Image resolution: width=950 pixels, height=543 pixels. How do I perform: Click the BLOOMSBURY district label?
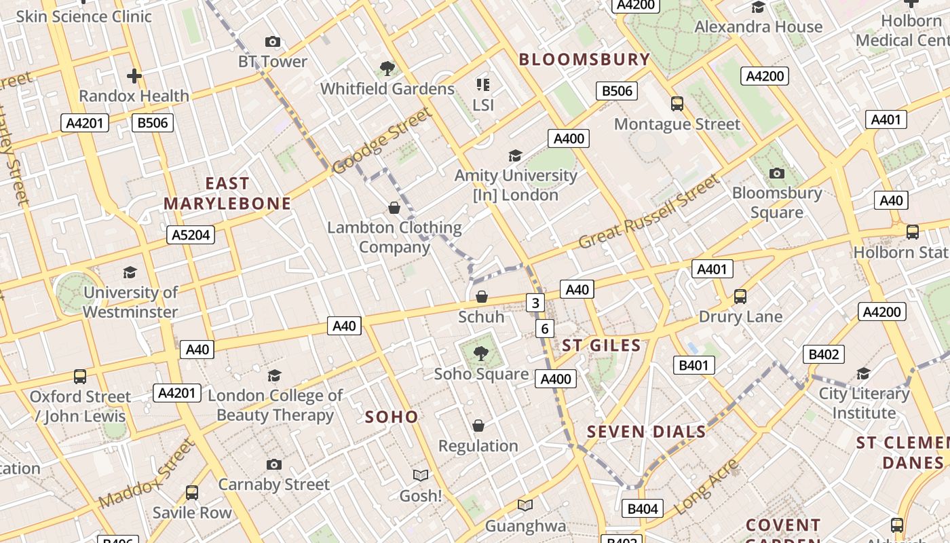pos(584,60)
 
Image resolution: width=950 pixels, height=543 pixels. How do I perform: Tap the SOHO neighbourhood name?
pos(392,417)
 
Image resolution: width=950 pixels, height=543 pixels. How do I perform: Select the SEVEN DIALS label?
pos(647,432)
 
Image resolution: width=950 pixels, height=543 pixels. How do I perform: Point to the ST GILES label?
pos(601,345)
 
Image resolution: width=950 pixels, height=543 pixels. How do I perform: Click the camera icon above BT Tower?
pos(273,42)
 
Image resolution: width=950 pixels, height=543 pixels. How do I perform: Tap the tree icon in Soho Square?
pos(481,354)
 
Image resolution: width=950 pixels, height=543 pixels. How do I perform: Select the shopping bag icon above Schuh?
pos(482,297)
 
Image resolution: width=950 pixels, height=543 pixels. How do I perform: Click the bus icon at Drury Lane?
pos(740,297)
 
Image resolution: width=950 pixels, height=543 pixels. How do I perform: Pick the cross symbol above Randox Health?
pos(134,75)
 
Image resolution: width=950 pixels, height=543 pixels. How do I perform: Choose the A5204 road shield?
pos(191,235)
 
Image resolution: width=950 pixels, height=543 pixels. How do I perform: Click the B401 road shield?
pos(694,366)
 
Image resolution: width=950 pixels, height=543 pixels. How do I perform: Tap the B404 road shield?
pos(642,508)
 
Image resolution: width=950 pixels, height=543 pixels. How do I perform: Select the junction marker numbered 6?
pos(544,329)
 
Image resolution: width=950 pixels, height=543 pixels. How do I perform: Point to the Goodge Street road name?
pos(382,141)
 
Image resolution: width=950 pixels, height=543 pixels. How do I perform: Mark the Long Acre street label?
pos(707,486)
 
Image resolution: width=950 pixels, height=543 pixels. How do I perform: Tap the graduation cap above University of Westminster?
pos(130,272)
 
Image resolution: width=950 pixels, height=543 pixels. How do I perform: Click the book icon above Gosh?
pos(421,475)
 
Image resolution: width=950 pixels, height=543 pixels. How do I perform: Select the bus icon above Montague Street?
pos(677,104)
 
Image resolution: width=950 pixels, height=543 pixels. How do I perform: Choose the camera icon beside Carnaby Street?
pos(274,464)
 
